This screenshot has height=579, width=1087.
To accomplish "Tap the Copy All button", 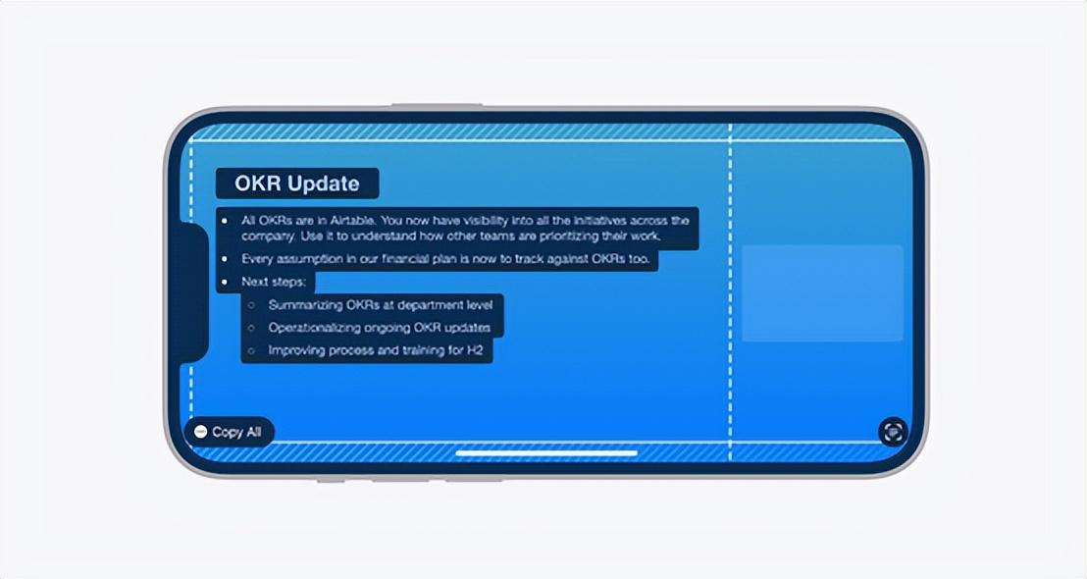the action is [x=230, y=432].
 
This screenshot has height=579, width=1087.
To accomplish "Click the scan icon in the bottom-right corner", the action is [x=893, y=432].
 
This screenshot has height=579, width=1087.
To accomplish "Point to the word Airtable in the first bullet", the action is [x=351, y=221].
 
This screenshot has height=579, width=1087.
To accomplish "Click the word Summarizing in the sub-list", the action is [x=305, y=305].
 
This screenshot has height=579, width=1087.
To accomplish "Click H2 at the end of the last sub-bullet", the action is [x=475, y=351].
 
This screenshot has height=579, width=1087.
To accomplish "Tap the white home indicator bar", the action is [x=546, y=453].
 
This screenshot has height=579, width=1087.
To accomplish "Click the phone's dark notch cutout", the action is [x=193, y=292].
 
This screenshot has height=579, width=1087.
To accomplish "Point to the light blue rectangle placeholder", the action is [x=822, y=293].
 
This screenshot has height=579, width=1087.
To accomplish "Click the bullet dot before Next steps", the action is [x=224, y=283].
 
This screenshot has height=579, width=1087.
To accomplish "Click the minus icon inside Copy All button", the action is [x=201, y=432].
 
